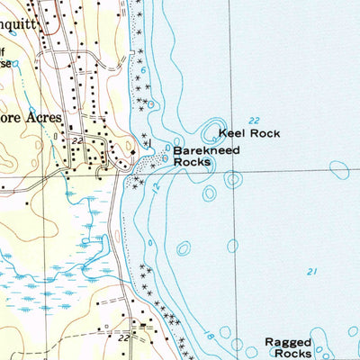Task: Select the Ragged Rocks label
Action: [x=288, y=348]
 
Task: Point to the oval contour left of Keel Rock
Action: [x=215, y=129]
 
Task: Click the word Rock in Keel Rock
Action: [x=267, y=133]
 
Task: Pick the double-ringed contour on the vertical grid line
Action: [x=233, y=179]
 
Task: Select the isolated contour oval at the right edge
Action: [x=339, y=167]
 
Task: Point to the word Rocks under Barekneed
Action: [x=192, y=163]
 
